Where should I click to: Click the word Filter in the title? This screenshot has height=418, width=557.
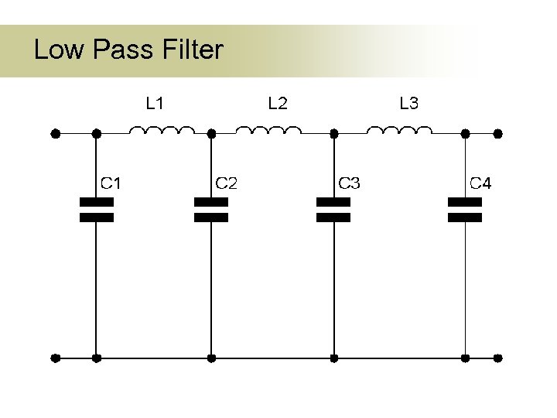click(193, 50)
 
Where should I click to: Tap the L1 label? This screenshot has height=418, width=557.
click(155, 103)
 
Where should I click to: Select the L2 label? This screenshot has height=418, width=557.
click(277, 103)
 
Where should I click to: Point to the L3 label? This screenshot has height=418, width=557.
click(408, 103)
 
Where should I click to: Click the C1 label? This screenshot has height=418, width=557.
click(111, 183)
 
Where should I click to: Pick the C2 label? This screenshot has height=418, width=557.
click(226, 183)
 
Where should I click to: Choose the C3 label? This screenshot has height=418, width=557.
click(349, 183)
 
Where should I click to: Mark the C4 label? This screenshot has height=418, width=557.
click(480, 183)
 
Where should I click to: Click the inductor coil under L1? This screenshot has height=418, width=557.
click(162, 130)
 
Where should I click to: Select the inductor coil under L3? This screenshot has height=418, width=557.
click(399, 130)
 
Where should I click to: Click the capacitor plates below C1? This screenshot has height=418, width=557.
click(97, 210)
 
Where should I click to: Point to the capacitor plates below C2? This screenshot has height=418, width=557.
click(211, 210)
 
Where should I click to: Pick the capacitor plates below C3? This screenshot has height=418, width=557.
click(333, 210)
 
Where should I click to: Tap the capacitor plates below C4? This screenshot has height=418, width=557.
click(465, 210)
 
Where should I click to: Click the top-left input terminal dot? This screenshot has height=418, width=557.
click(55, 133)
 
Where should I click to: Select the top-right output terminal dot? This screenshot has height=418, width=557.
click(498, 133)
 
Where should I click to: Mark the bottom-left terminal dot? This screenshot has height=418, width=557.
click(55, 358)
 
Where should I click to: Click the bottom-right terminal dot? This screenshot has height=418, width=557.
click(498, 358)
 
